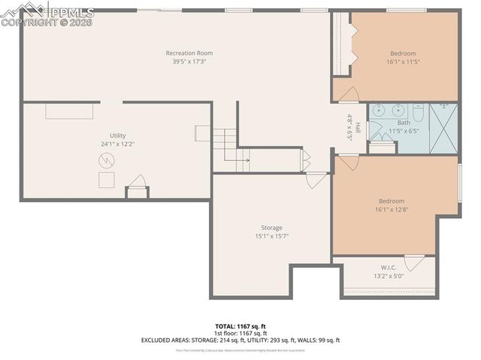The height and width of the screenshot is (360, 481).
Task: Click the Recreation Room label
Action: point(189,53)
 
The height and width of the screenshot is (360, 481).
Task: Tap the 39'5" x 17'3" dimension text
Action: point(189,62)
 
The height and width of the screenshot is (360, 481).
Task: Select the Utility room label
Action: point(117,135)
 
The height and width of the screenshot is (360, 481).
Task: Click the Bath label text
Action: point(404,123)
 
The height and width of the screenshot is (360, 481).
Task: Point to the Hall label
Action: point(358,128)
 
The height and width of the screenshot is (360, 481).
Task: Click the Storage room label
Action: point(271,228)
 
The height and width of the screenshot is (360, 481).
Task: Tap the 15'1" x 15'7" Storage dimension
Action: point(271,236)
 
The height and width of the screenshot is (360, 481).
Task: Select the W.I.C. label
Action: point(389,267)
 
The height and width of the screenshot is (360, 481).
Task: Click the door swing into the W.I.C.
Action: point(414,263)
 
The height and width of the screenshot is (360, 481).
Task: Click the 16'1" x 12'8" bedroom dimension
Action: point(392,210)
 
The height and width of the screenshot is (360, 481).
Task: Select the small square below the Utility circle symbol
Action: point(106,180)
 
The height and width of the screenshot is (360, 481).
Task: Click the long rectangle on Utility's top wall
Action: point(69,111)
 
